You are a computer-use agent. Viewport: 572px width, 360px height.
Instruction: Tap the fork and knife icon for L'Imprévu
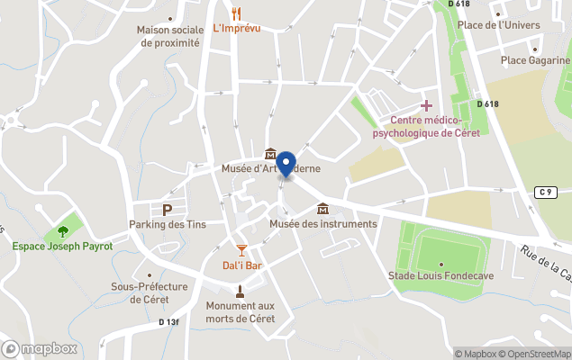click(x=237, y=13)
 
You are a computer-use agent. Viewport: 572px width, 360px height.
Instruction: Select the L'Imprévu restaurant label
click(x=237, y=29)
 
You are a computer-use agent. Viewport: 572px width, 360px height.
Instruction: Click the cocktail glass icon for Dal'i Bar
click(x=241, y=249)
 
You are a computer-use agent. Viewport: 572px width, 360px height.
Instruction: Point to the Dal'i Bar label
click(x=241, y=265)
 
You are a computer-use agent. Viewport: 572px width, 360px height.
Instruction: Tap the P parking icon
click(x=166, y=209)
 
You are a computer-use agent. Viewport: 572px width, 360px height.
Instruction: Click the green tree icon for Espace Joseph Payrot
click(x=62, y=230)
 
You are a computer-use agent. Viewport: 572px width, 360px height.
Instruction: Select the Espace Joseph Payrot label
click(x=62, y=246)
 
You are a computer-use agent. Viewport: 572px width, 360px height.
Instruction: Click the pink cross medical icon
click(x=426, y=106)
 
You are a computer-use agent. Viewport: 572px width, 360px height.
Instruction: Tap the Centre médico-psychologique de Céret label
click(x=426, y=127)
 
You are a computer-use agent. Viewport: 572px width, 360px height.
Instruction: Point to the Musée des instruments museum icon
click(x=322, y=210)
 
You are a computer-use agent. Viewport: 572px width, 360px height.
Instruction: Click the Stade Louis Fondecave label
click(x=440, y=275)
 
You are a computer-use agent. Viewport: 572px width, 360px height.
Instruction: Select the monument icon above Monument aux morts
click(x=240, y=290)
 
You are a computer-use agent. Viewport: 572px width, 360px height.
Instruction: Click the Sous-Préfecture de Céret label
click(x=150, y=292)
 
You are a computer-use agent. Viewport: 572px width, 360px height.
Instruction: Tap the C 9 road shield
click(x=543, y=192)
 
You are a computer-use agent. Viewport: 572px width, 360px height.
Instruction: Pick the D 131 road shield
click(x=168, y=321)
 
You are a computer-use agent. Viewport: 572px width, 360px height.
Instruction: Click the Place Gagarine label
click(x=535, y=60)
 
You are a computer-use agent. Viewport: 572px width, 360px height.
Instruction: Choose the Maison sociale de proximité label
click(x=168, y=35)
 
